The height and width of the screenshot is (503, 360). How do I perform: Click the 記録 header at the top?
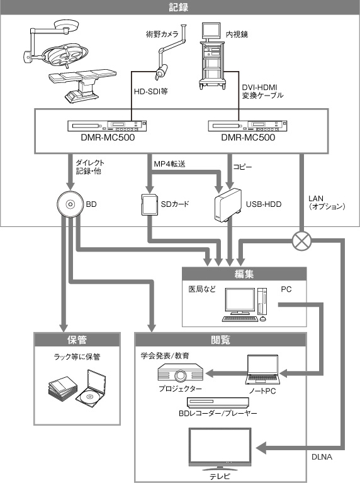click(179, 7)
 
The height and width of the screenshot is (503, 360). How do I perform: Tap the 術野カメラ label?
click(162, 36)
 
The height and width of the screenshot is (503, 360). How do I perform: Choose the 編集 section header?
click(244, 274)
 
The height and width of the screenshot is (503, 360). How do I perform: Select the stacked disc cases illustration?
click(76, 387)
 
